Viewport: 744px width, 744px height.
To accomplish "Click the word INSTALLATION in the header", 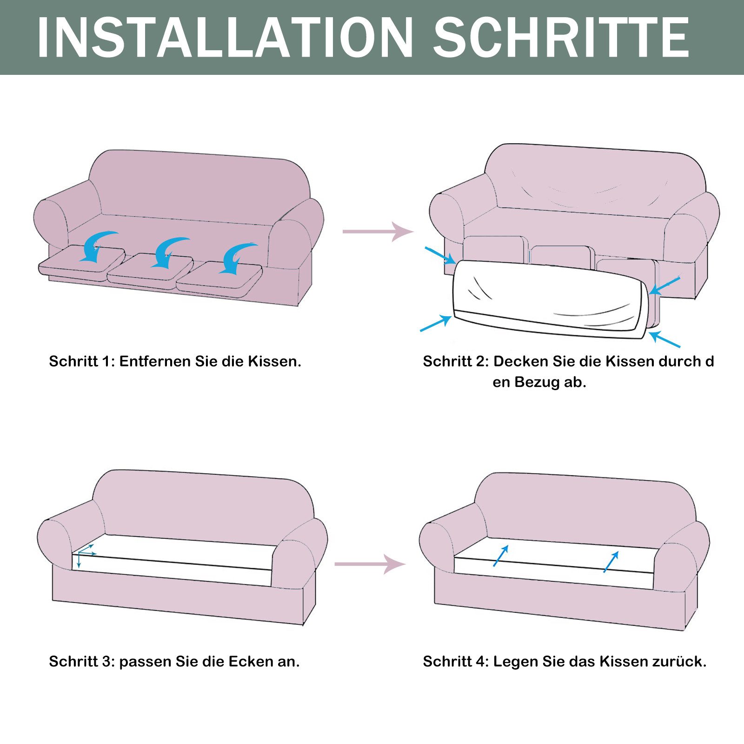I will (x=225, y=38).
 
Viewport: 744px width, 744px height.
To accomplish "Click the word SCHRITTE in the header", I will (x=561, y=38).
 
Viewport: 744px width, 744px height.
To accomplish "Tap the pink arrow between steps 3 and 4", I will (x=370, y=564).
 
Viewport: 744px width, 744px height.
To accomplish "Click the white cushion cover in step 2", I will (x=549, y=298).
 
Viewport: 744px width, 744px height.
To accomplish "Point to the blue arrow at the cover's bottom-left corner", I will (x=436, y=323).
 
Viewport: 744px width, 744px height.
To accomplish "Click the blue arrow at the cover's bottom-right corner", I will (x=665, y=339).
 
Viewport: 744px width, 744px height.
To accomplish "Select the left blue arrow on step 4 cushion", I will (x=501, y=556).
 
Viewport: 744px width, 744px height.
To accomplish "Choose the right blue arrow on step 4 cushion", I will (x=611, y=562).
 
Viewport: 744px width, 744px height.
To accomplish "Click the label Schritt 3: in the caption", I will (x=82, y=661).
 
